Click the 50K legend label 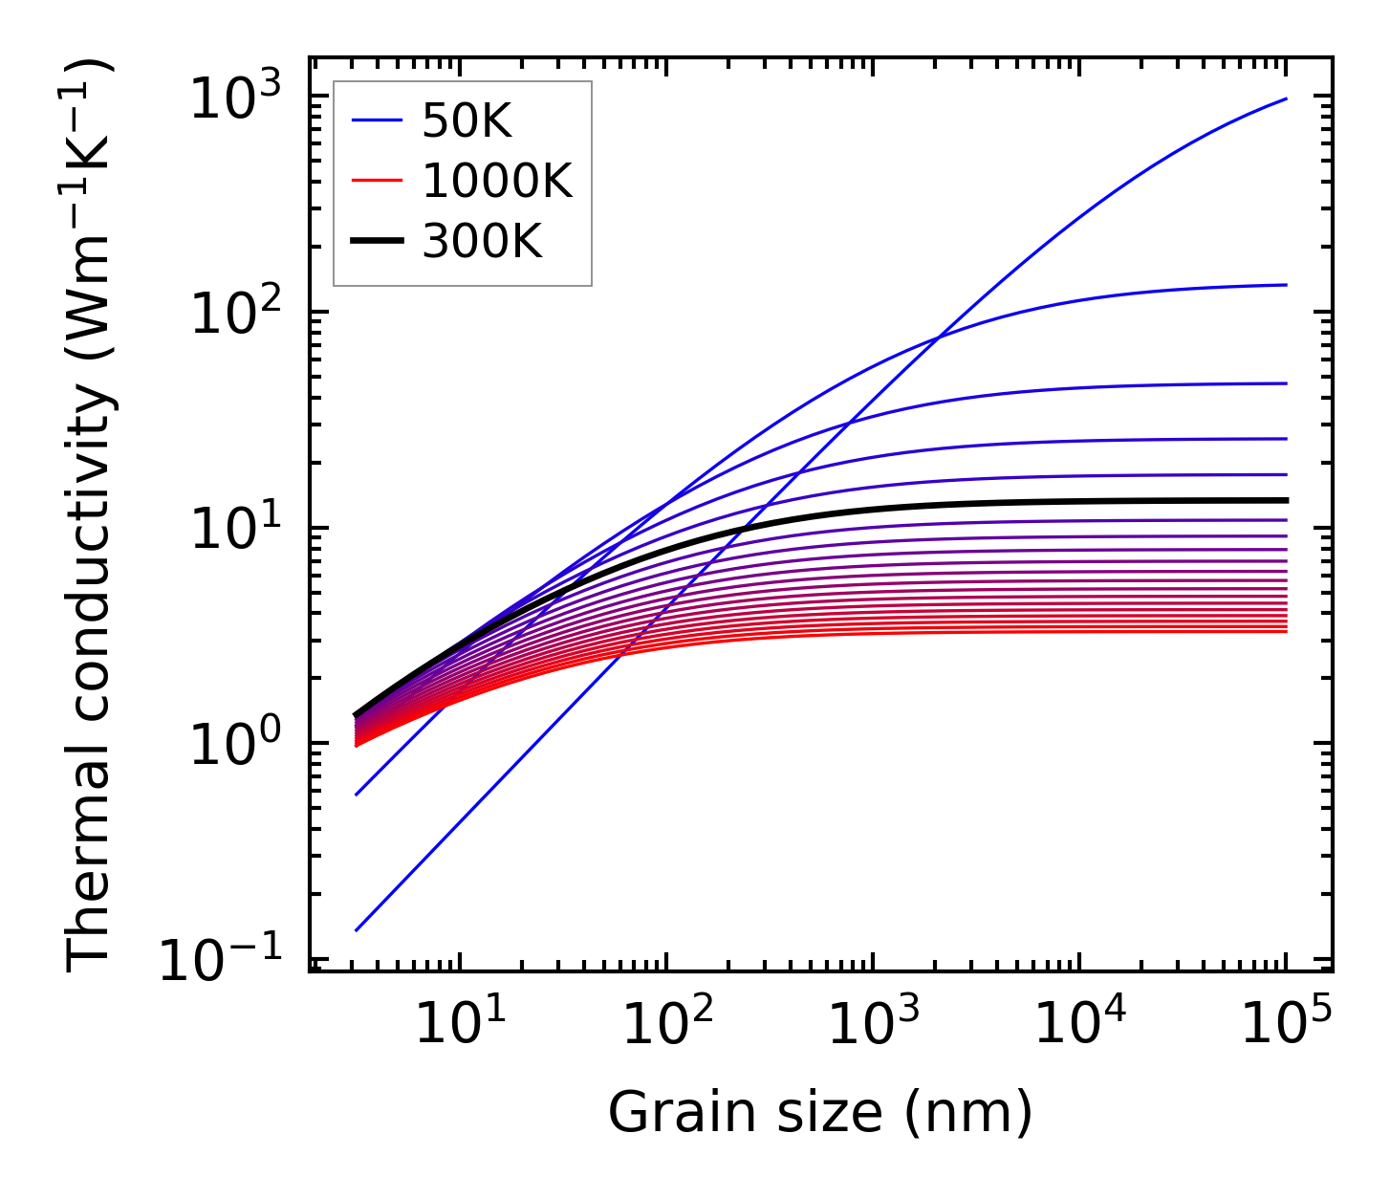(467, 121)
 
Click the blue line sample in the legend (378, 121)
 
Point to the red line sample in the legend (378, 181)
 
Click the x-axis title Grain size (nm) (820, 1113)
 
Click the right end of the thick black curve (1286, 500)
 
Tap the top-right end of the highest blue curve (1286, 98)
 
